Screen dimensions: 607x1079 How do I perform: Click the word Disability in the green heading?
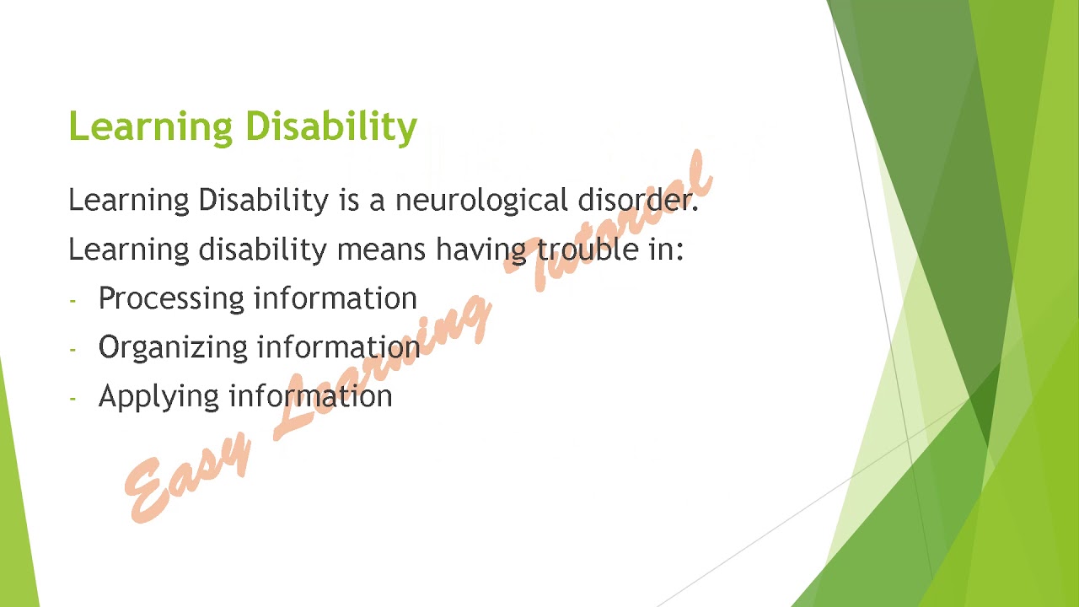(331, 126)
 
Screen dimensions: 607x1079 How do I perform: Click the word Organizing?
(173, 348)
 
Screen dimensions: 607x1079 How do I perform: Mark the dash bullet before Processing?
(73, 300)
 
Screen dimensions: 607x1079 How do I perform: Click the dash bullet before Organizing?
(73, 349)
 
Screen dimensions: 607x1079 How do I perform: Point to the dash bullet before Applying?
(73, 398)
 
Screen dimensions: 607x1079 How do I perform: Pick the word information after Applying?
(310, 396)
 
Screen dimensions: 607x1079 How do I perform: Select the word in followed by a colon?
(663, 250)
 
